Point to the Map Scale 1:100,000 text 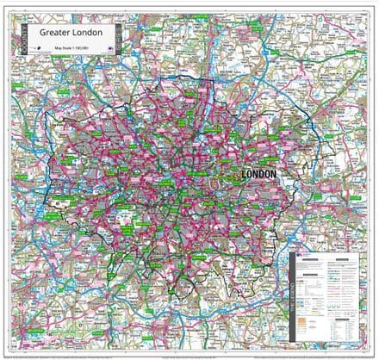pos(74,46)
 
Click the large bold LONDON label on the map pos(260,174)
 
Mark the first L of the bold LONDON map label pos(246,174)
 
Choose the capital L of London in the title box pos(78,34)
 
